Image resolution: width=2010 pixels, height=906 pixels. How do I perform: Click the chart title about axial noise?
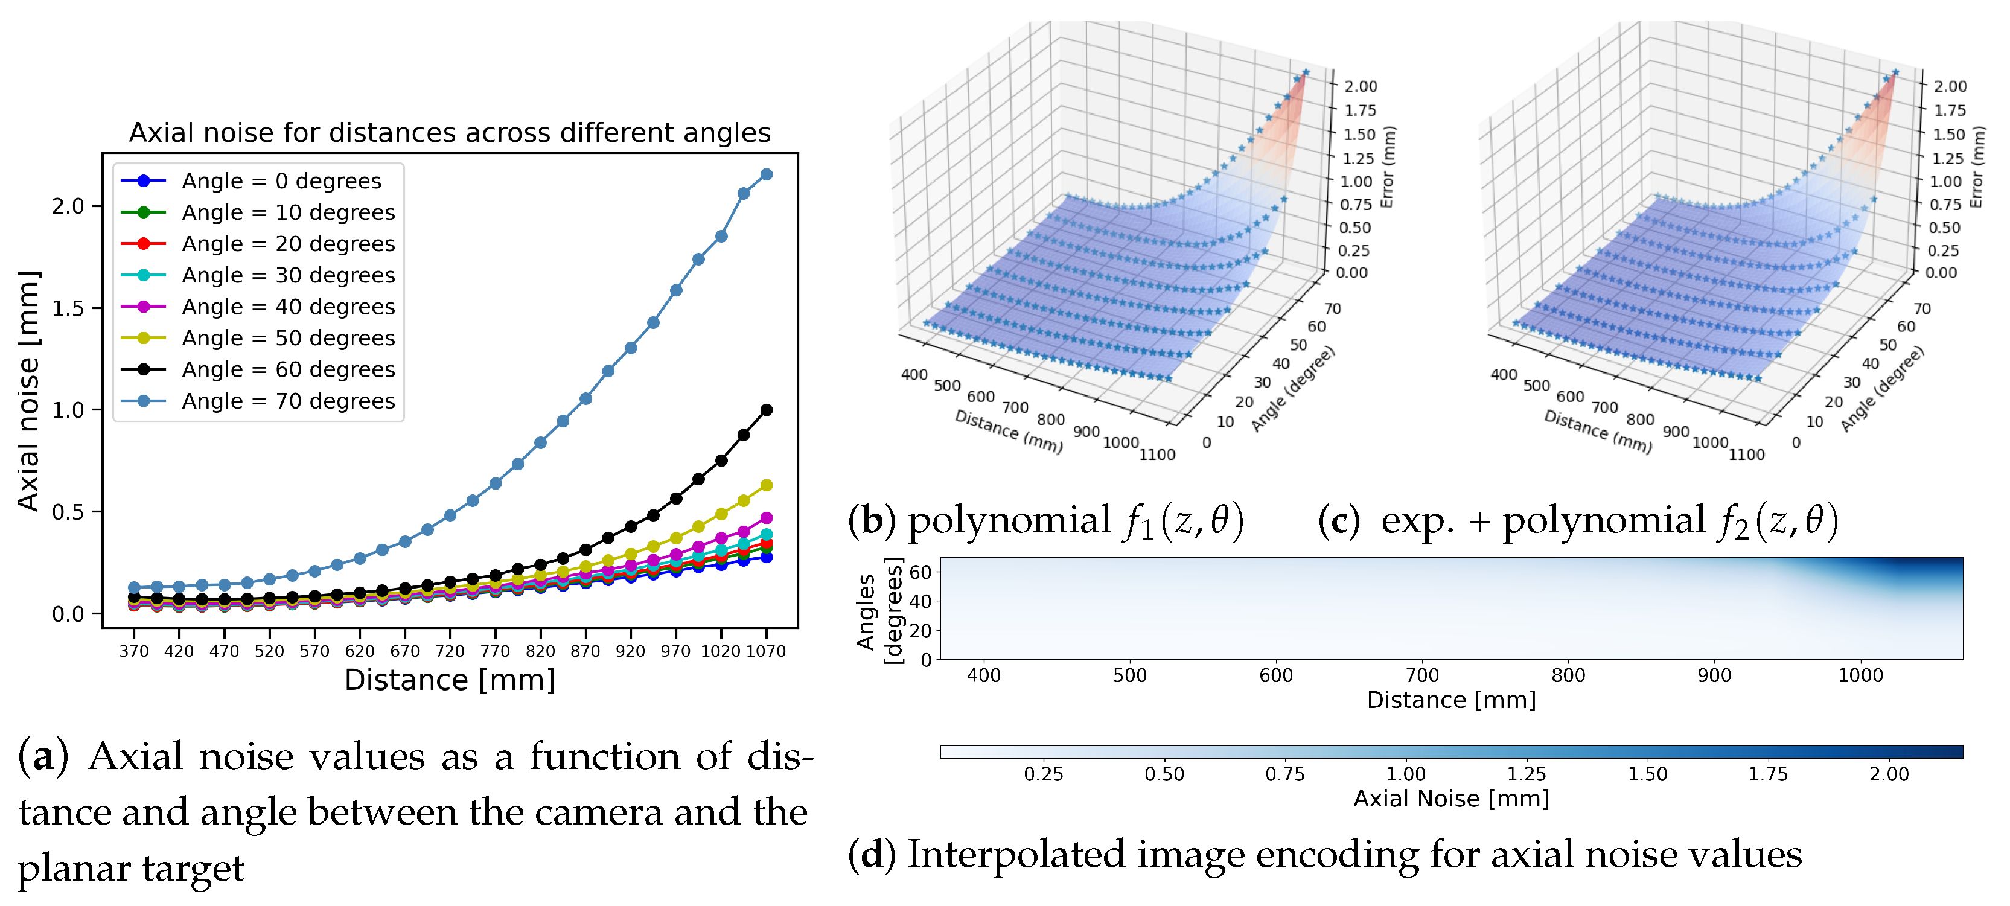click(450, 133)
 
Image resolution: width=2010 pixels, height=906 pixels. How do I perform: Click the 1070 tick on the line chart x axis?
click(765, 651)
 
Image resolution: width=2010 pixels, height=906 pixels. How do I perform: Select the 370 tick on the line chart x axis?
click(133, 651)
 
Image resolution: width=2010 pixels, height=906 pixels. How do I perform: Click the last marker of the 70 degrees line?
click(766, 175)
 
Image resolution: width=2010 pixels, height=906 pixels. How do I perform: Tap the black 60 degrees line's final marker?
click(766, 410)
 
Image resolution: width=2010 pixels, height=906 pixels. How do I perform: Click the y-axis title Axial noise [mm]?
click(28, 390)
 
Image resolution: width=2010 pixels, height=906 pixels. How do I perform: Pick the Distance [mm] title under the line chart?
click(450, 680)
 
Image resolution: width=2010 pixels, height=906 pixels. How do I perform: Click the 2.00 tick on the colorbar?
click(1888, 774)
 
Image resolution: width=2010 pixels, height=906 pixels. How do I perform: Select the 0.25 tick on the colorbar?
click(1043, 774)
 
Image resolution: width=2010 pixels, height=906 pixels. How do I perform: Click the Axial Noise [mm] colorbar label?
click(1450, 799)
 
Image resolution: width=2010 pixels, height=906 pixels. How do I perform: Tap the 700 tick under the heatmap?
click(1421, 675)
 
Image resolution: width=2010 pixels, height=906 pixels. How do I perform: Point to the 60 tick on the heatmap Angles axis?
click(920, 572)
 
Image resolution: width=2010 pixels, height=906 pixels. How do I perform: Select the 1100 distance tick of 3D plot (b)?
click(1157, 454)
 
